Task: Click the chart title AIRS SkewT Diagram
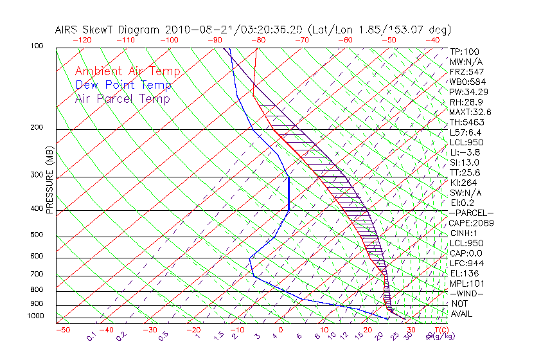(109, 30)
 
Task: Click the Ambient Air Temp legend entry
(127, 71)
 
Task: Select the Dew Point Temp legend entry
(123, 85)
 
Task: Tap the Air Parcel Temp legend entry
(122, 98)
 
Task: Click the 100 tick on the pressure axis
(37, 46)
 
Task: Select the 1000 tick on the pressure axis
(35, 316)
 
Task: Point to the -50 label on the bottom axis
(62, 330)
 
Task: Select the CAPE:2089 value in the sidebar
(471, 223)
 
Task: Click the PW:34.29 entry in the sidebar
(468, 92)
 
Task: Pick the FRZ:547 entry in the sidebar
(466, 71)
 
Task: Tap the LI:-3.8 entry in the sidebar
(465, 152)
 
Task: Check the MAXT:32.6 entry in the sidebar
(471, 112)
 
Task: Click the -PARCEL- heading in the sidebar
(471, 213)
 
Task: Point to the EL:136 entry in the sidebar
(463, 273)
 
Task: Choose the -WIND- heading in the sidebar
(466, 294)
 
